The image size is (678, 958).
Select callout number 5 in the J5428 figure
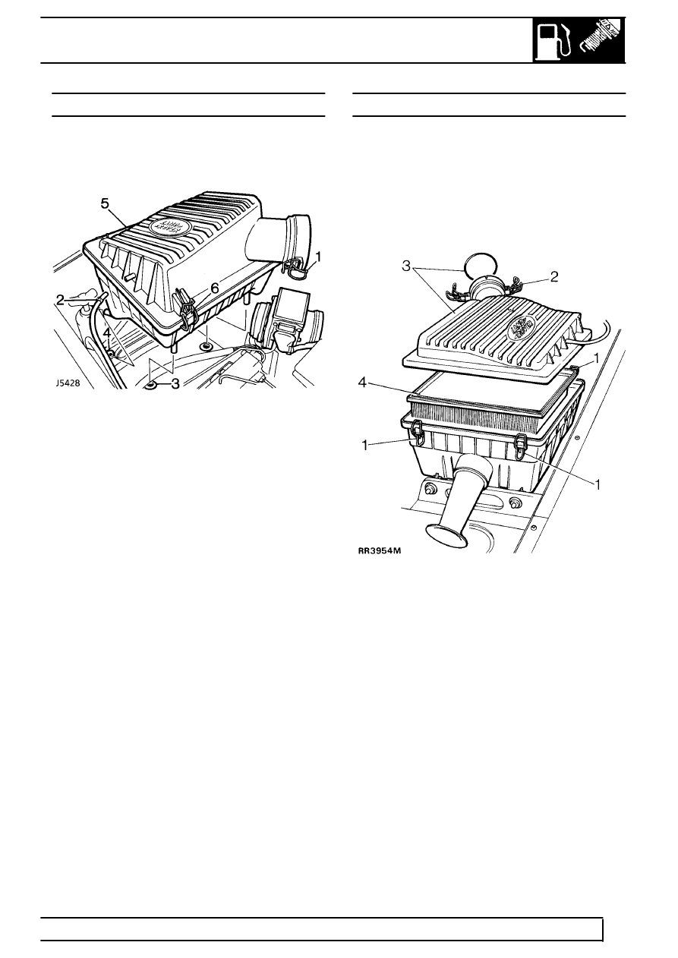pyautogui.click(x=106, y=203)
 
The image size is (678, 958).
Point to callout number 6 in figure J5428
pyautogui.click(x=216, y=288)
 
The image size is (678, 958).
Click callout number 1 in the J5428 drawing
pyautogui.click(x=320, y=257)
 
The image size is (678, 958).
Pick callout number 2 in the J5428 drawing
pyautogui.click(x=61, y=299)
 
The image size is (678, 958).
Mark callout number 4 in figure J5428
pyautogui.click(x=108, y=332)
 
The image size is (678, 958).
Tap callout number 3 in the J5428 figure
pyautogui.click(x=175, y=383)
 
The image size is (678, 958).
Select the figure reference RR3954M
pyautogui.click(x=380, y=551)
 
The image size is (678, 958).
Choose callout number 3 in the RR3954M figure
pyautogui.click(x=406, y=266)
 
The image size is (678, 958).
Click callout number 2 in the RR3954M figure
pyautogui.click(x=554, y=278)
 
